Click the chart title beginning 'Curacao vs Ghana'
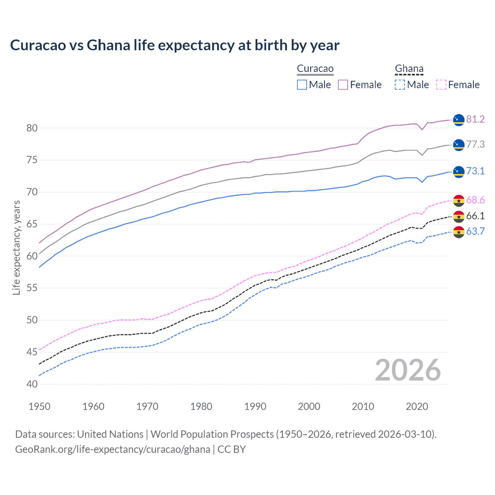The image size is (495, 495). (175, 45)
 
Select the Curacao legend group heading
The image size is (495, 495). (315, 69)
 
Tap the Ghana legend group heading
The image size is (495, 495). (409, 69)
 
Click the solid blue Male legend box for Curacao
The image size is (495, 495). (302, 85)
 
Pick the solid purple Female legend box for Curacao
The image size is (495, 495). (343, 85)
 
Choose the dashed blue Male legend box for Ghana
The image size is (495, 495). (400, 85)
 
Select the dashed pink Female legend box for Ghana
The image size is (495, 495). (441, 85)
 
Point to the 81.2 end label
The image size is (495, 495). (475, 119)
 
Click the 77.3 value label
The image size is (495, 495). (475, 145)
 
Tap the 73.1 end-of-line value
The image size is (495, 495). (475, 171)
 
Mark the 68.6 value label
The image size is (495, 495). (475, 200)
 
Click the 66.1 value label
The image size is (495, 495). (475, 216)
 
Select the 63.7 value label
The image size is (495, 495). (475, 232)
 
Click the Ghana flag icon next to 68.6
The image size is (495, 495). (459, 201)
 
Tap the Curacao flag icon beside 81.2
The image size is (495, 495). (459, 120)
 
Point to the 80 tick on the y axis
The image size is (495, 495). (32, 128)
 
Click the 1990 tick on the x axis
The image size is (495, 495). (255, 406)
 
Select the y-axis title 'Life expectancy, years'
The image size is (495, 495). (16, 247)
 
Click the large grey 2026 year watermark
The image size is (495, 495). (408, 370)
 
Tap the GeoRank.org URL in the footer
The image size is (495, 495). (113, 449)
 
